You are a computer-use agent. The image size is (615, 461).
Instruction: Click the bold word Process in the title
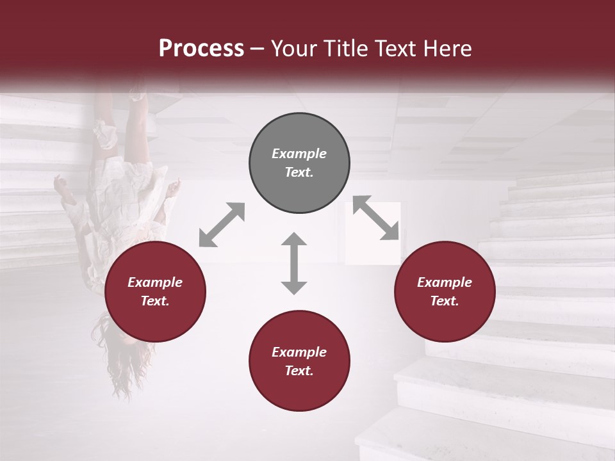click(x=201, y=49)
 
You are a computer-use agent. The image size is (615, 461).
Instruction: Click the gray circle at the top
click(x=299, y=163)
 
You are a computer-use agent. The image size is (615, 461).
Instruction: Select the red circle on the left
click(x=155, y=292)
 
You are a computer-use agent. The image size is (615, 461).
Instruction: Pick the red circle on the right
click(x=445, y=292)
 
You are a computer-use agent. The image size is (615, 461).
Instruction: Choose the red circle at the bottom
click(x=299, y=361)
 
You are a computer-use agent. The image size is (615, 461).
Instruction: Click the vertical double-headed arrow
click(x=294, y=263)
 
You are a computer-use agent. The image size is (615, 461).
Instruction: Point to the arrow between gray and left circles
click(x=222, y=225)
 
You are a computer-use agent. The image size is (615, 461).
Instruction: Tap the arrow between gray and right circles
click(x=376, y=218)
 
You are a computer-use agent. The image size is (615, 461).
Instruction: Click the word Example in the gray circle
click(x=299, y=154)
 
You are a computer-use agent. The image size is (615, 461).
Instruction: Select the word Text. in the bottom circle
click(x=299, y=371)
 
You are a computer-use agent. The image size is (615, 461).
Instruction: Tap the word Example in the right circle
click(x=445, y=282)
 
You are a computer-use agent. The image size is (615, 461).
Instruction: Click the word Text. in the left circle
click(x=155, y=301)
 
